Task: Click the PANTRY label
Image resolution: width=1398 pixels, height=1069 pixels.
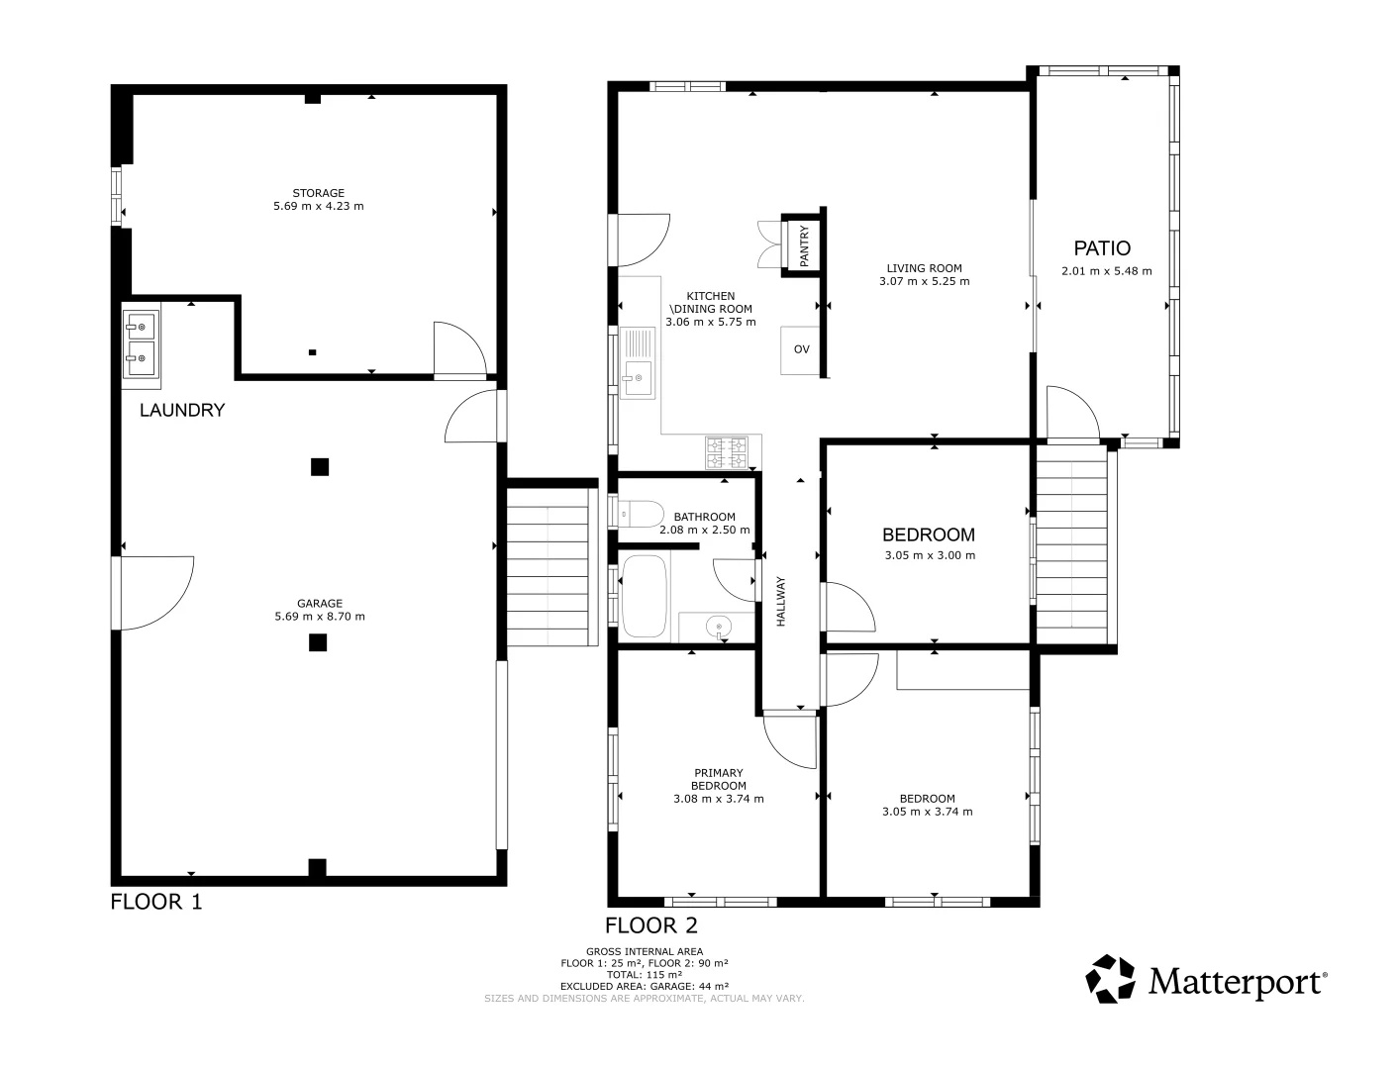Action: pyautogui.click(x=804, y=244)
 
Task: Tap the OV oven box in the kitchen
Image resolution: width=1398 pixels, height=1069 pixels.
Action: pyautogui.click(x=801, y=349)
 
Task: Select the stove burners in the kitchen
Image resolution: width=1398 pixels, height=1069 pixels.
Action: pyautogui.click(x=727, y=452)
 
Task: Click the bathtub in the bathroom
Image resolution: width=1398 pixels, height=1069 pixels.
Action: pyautogui.click(x=646, y=596)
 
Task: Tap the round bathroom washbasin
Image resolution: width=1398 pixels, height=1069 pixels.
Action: pyautogui.click(x=718, y=626)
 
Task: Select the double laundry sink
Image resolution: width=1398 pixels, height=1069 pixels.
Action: pyautogui.click(x=141, y=342)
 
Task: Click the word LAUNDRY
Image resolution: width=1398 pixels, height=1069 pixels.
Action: pyautogui.click(x=182, y=410)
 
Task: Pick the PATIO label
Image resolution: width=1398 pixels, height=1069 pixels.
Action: pyautogui.click(x=1102, y=248)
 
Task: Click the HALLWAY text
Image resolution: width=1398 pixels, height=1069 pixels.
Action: pyautogui.click(x=780, y=601)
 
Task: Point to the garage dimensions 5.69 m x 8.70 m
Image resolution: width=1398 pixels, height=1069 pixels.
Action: pyautogui.click(x=319, y=617)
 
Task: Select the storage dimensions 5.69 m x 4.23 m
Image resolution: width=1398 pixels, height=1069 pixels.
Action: pyautogui.click(x=318, y=206)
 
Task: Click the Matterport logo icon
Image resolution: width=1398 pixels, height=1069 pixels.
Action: pyautogui.click(x=1111, y=979)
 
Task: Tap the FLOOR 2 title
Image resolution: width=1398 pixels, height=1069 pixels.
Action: pyautogui.click(x=651, y=925)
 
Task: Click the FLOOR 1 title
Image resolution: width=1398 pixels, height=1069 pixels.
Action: pyautogui.click(x=155, y=902)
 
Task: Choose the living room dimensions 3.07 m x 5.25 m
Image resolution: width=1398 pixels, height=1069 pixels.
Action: pyautogui.click(x=924, y=281)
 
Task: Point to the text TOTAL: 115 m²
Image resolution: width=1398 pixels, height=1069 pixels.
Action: pyautogui.click(x=644, y=974)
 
